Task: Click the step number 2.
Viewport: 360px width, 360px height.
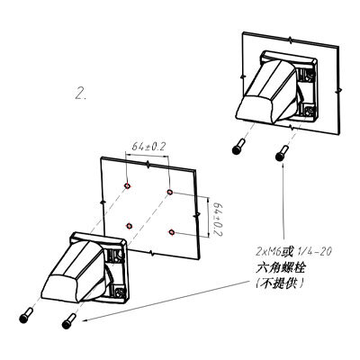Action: click(x=80, y=93)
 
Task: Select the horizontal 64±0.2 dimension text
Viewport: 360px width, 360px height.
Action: click(x=149, y=147)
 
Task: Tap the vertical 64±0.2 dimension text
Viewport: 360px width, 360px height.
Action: click(x=217, y=219)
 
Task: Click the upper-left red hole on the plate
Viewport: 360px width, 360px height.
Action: click(x=127, y=186)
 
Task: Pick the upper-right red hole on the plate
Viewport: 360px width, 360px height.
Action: click(x=170, y=192)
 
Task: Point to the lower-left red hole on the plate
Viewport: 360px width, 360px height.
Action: click(x=130, y=226)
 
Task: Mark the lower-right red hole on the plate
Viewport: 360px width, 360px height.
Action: click(x=172, y=231)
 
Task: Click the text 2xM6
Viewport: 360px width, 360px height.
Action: click(x=268, y=252)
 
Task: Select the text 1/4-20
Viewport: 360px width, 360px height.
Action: click(x=313, y=251)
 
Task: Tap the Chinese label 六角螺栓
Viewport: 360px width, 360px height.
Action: click(x=280, y=268)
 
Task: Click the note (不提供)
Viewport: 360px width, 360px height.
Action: click(x=280, y=283)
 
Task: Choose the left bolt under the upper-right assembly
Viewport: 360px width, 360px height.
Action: click(x=238, y=147)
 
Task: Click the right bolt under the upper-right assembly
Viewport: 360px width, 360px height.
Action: click(x=282, y=153)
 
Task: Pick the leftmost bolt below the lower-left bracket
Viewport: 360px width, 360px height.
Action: click(x=25, y=315)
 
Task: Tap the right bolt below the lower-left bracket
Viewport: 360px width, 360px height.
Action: click(x=68, y=321)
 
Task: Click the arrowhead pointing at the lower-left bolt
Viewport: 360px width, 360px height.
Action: click(x=86, y=320)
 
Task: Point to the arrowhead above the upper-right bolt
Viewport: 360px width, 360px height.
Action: click(x=283, y=165)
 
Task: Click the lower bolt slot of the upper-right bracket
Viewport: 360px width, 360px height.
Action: click(x=307, y=111)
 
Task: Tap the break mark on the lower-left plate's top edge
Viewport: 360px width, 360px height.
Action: click(x=148, y=164)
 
